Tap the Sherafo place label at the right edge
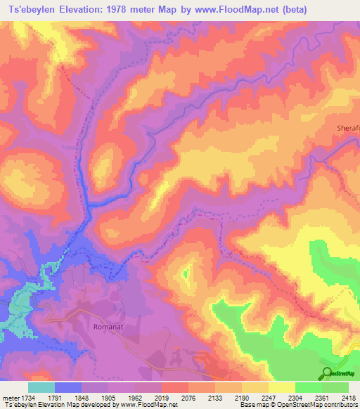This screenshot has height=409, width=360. pyautogui.click(x=347, y=127)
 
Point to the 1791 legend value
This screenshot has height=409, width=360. pyautogui.click(x=68, y=398)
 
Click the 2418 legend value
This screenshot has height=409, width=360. pyautogui.click(x=349, y=398)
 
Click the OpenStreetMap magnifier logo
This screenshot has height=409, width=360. pyautogui.click(x=327, y=372)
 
